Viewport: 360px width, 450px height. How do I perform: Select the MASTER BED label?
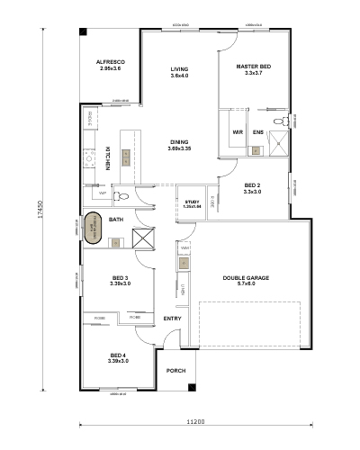pos(252,67)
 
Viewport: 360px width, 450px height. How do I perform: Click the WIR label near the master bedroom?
pos(238,132)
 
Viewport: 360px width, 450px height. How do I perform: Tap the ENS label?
pos(258,132)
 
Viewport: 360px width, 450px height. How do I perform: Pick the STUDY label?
pos(192,202)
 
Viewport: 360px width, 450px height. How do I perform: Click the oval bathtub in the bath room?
pos(94,229)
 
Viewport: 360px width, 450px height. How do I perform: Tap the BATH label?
pos(116,219)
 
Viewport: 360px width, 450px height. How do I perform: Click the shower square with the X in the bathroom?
pos(143,238)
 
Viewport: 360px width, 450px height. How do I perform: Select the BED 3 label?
pos(120,277)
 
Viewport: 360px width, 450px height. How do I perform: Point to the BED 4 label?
pos(118,355)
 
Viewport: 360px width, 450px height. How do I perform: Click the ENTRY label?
pos(172,318)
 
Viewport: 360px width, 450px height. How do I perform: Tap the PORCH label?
pos(175,369)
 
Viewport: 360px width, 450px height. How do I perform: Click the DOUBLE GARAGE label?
pos(246,278)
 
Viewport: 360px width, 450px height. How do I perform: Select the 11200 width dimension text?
pos(197,421)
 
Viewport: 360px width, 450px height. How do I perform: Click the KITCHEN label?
pos(107,157)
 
